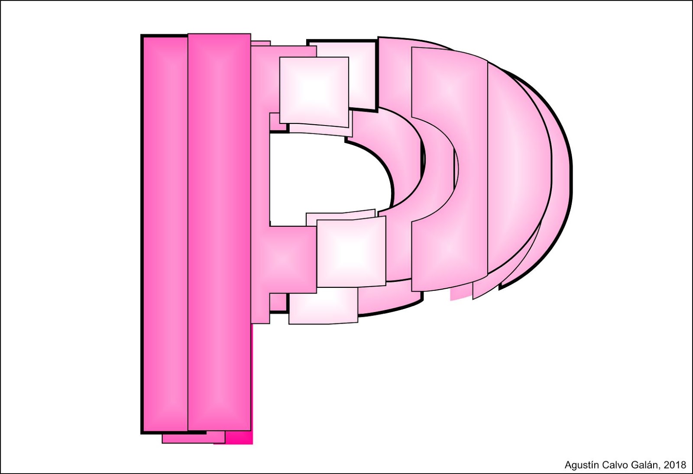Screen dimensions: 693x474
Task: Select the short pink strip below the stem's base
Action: click(193, 437)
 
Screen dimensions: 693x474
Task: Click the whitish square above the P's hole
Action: click(314, 92)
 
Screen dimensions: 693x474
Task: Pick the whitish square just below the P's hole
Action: click(351, 252)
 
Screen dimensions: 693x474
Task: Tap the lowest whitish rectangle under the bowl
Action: click(323, 306)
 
